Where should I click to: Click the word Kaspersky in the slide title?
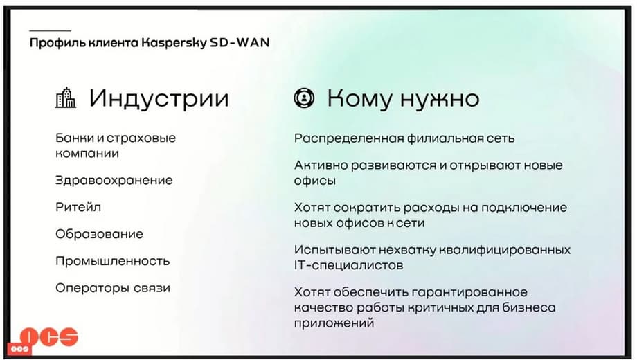(x=174, y=43)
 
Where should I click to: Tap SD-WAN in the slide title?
(x=240, y=42)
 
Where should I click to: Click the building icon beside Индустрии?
(x=65, y=98)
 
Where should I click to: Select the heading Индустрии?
(x=159, y=99)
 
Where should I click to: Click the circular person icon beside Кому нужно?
(x=304, y=98)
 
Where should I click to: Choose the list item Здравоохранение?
(x=114, y=181)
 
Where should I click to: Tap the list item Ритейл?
(x=78, y=208)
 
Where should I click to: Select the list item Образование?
(x=100, y=235)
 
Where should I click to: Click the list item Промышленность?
(x=113, y=261)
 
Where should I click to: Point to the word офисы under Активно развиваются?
(x=315, y=181)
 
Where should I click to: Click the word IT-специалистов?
(x=349, y=266)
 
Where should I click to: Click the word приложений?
(x=334, y=323)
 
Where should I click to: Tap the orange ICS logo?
(x=49, y=336)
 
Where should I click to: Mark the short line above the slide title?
(x=50, y=31)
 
